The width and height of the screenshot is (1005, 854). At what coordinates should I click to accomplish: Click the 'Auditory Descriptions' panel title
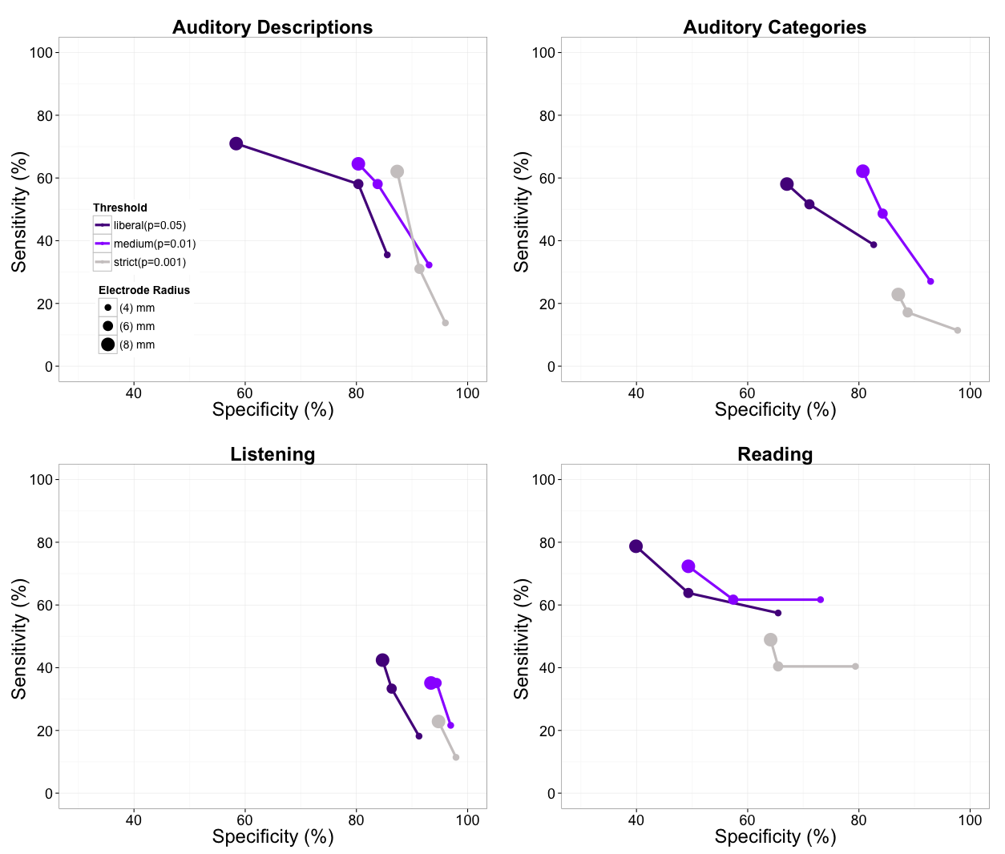(272, 27)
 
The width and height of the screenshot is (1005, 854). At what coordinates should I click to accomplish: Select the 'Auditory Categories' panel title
(774, 27)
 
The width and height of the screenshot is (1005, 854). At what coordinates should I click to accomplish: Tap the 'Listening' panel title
(272, 454)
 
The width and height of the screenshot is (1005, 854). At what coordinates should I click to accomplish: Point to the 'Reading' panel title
(774, 454)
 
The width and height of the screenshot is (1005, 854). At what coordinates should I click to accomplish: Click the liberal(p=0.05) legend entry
(149, 225)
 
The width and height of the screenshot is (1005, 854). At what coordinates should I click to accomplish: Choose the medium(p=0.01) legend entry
(154, 244)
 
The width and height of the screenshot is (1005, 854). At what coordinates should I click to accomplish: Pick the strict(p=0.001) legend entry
(149, 262)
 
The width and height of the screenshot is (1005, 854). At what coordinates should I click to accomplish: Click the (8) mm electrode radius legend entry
(136, 344)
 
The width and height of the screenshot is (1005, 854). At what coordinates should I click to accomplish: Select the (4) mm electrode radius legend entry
(136, 308)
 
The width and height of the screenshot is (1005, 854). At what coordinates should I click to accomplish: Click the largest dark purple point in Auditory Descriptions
(236, 143)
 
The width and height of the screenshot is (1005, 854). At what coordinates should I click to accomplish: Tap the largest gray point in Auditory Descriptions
(397, 171)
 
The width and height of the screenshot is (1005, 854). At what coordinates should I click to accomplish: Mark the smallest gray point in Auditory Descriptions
(445, 323)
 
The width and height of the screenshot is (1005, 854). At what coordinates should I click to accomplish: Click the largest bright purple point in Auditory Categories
(862, 171)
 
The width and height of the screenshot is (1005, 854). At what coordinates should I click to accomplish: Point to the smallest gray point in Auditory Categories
(957, 330)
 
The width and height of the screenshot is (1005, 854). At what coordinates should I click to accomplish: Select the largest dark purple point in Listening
(382, 660)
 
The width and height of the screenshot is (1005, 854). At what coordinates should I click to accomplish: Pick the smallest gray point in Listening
(455, 757)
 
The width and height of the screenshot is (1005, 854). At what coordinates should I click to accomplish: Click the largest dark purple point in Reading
(636, 546)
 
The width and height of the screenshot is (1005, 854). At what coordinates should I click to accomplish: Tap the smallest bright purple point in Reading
(820, 599)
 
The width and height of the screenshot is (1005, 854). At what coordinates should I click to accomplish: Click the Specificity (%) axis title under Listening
(272, 836)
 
